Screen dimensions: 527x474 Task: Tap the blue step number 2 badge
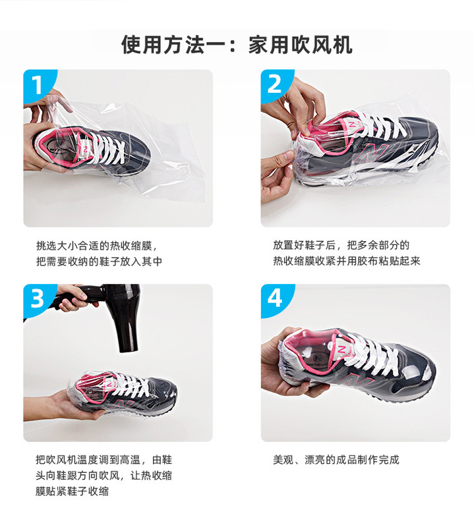[274, 85]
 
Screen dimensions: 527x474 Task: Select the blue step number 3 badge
[37, 299]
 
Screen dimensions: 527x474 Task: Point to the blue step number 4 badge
[274, 299]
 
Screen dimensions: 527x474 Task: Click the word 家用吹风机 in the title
[300, 44]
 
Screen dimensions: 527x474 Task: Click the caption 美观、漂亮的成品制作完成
[336, 459]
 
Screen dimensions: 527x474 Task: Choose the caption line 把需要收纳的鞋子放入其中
[99, 261]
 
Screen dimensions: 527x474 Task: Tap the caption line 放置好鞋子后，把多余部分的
[341, 245]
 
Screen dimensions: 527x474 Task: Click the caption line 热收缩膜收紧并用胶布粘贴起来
[347, 261]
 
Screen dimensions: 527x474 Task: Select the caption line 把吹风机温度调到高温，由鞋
[104, 459]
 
